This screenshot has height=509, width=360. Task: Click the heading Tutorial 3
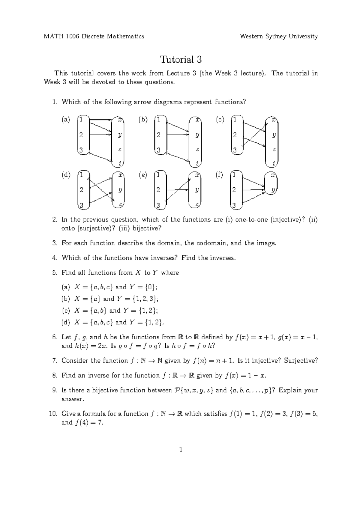[181, 59]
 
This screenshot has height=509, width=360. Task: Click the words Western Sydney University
[279, 37]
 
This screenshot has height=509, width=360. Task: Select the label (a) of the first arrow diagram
[66, 120]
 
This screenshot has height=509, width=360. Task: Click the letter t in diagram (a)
[120, 164]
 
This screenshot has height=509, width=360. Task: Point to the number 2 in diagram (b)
[158, 135]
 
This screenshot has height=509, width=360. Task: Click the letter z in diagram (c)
[274, 149]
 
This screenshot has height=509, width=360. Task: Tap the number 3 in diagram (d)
[81, 206]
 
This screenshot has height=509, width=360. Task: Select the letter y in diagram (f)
[273, 190]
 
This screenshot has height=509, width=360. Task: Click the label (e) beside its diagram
[143, 175]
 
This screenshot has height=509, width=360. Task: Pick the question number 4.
[54, 258]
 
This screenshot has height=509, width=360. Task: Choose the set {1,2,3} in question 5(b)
[142, 299]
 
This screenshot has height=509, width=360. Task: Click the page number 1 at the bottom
[181, 450]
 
